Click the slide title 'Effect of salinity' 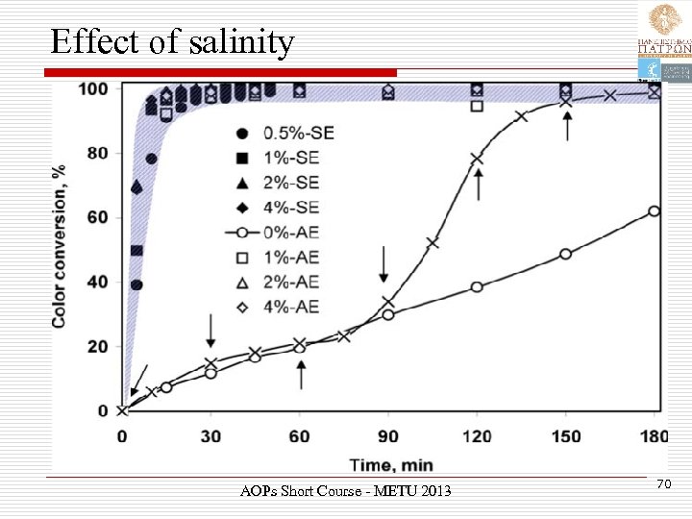172,42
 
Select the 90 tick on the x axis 387,437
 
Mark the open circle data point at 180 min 655,211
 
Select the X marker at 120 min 477,159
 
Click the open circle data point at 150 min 565,254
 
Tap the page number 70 662,487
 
